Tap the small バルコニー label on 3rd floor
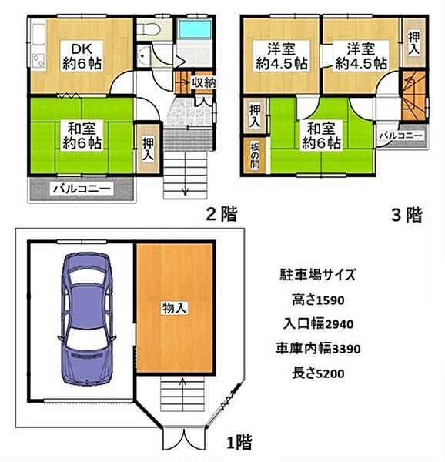[400, 136]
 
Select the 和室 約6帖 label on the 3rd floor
[322, 135]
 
